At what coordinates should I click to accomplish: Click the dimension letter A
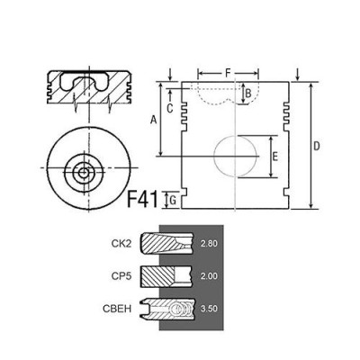(x=154, y=120)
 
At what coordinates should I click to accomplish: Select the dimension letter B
(x=247, y=94)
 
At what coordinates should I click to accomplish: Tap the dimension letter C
(x=170, y=108)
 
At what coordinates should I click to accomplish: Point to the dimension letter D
(x=317, y=147)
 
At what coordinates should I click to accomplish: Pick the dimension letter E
(x=274, y=157)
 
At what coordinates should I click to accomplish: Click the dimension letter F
(x=228, y=73)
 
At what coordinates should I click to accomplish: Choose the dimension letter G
(x=173, y=201)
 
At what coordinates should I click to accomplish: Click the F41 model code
(x=142, y=199)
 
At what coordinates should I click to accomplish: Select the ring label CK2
(x=121, y=244)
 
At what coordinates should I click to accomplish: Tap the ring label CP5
(x=121, y=276)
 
